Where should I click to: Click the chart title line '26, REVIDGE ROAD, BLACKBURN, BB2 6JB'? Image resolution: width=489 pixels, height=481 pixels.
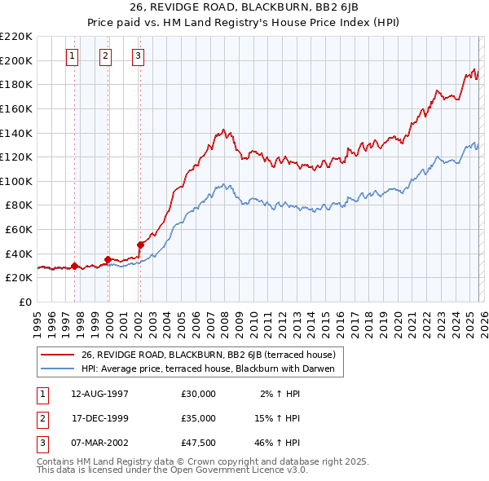pos(244,7)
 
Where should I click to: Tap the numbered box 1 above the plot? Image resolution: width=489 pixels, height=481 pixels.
pos(73,56)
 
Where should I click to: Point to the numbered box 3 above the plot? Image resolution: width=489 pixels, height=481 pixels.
pos(139,56)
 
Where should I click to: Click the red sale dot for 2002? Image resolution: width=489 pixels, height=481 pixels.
pos(140,244)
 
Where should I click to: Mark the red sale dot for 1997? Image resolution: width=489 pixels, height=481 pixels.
pos(74,265)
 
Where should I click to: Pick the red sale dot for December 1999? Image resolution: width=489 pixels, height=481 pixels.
pos(108,259)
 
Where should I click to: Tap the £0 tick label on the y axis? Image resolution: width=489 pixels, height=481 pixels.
pos(24,302)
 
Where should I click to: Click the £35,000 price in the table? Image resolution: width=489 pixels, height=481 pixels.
pos(199,418)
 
